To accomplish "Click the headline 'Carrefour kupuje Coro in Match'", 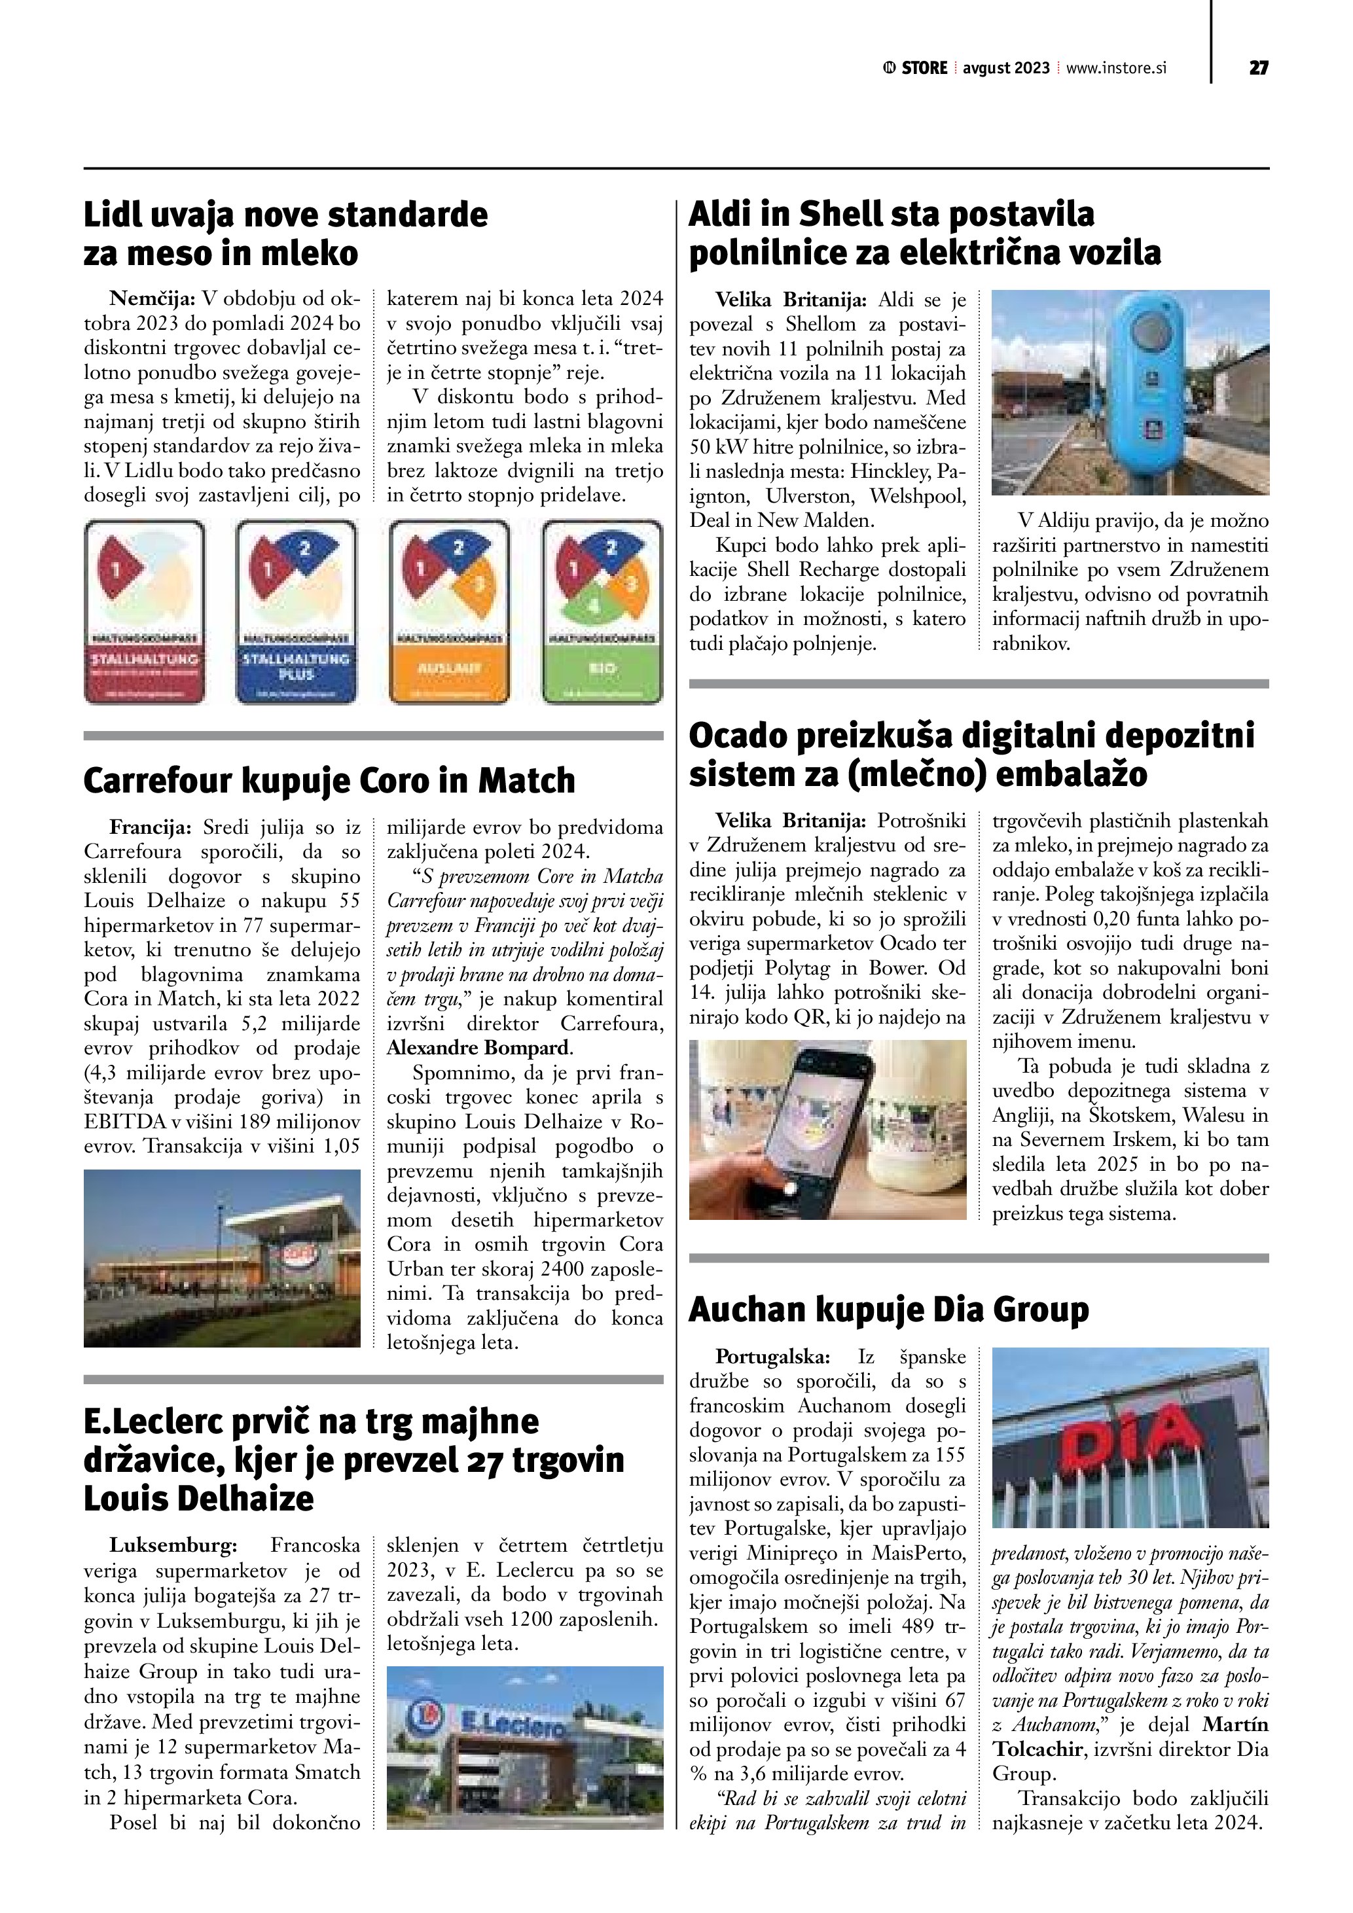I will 329,781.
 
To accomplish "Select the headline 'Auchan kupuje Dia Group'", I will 888,1310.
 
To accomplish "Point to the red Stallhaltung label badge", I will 144,611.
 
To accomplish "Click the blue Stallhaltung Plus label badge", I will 297,611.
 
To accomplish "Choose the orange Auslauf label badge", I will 449,611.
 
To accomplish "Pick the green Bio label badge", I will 602,611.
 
